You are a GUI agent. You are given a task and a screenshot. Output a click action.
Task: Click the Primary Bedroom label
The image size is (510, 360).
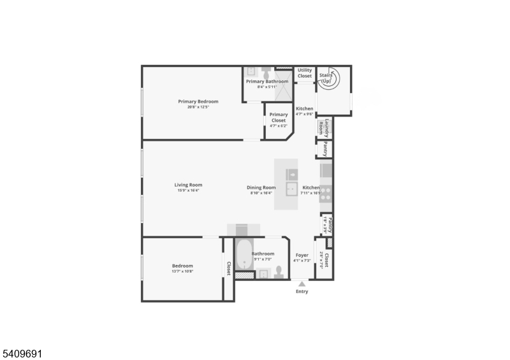198,101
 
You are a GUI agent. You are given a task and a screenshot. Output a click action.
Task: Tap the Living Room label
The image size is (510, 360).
188,185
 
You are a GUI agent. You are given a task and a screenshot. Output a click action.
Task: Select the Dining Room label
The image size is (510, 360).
261,187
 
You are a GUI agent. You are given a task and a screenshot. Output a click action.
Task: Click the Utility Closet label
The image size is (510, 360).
305,73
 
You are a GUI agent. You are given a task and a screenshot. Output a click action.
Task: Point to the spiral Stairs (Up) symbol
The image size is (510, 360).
330,79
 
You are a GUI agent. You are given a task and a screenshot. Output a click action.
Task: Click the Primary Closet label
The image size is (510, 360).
279,117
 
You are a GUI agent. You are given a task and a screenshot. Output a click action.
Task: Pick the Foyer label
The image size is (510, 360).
302,255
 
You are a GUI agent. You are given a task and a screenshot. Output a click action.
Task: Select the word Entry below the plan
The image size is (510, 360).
302,292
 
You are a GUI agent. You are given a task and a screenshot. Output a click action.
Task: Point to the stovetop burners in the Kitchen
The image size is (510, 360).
326,194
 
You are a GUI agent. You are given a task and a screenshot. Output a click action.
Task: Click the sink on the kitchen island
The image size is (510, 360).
291,187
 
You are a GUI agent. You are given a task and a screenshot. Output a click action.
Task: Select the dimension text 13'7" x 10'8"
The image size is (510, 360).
182,271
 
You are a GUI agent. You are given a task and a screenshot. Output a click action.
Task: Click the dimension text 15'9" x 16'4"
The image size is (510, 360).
188,191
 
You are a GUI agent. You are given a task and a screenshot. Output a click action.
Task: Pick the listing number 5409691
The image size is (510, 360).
22,352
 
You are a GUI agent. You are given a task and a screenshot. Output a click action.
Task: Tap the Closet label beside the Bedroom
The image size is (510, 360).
228,268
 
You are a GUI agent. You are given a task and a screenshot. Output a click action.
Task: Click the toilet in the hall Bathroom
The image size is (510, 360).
279,272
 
